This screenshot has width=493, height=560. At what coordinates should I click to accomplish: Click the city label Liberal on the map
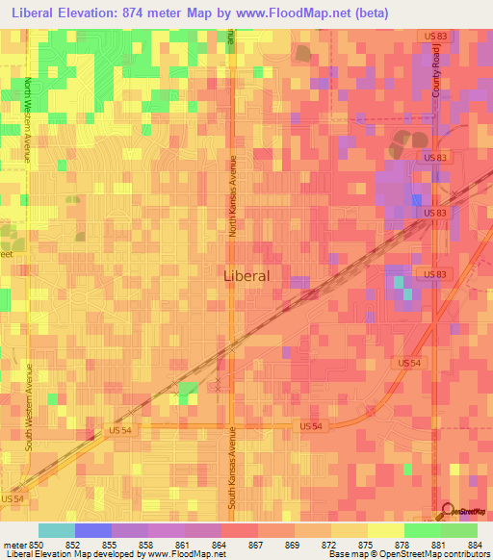pyautogui.click(x=246, y=274)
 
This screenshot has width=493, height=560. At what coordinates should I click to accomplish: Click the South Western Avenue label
pyautogui.click(x=29, y=404)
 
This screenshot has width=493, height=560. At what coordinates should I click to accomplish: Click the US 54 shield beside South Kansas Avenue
pyautogui.click(x=310, y=425)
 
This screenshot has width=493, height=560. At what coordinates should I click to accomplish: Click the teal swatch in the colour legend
pyautogui.click(x=57, y=530)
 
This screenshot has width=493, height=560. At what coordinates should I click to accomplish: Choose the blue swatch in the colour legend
pyautogui.click(x=93, y=530)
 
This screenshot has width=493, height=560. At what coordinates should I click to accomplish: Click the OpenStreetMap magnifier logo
pyautogui.click(x=448, y=511)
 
